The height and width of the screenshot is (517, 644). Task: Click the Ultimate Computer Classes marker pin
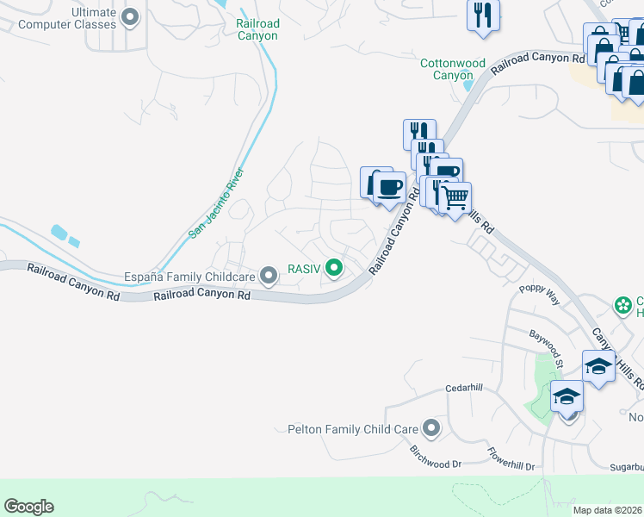(x=131, y=16)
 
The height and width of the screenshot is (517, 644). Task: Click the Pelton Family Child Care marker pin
(x=431, y=428)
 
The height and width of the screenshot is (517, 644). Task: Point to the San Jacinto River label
(x=216, y=203)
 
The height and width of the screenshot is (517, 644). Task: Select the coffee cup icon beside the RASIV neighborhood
(x=388, y=186)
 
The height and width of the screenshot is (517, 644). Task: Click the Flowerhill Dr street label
(x=511, y=458)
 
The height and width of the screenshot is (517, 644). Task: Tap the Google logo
(x=28, y=507)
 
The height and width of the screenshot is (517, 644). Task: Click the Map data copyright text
(x=607, y=510)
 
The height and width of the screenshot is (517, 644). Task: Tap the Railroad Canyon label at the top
(x=257, y=30)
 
